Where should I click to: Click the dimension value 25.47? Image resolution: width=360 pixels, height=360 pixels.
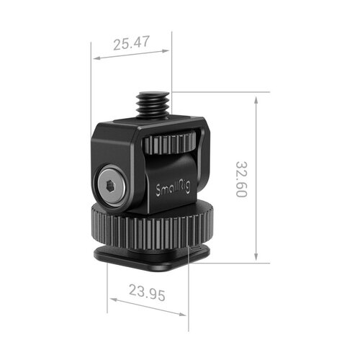131,43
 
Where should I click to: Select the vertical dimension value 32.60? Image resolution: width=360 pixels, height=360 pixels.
241,180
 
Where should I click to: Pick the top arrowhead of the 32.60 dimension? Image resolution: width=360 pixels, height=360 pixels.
256,96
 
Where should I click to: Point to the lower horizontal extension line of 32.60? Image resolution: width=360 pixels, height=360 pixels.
230,263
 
